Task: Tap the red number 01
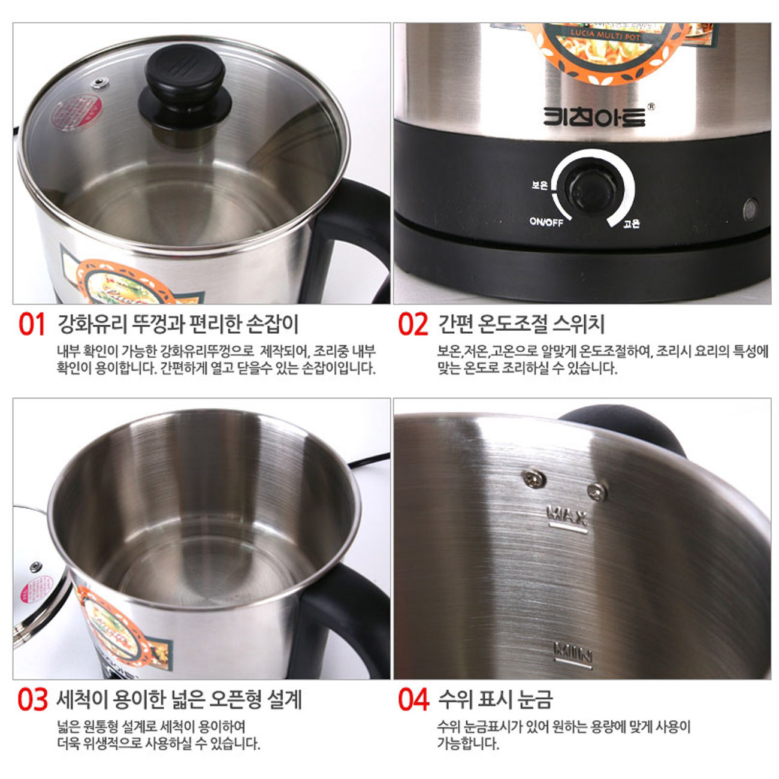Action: (x=32, y=324)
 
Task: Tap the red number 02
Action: (x=413, y=324)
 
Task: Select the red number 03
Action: (x=32, y=699)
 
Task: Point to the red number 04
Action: (x=413, y=699)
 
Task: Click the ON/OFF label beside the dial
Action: (x=546, y=222)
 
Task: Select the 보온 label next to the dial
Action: (x=539, y=185)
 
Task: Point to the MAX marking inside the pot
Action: (x=567, y=515)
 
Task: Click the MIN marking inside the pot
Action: (x=573, y=651)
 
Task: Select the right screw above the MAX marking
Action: (x=596, y=492)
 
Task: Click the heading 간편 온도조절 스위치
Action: (x=521, y=324)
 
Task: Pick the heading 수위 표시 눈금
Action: (x=495, y=699)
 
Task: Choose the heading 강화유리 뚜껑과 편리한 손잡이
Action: (x=177, y=324)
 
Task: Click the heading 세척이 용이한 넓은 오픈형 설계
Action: (x=179, y=699)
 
